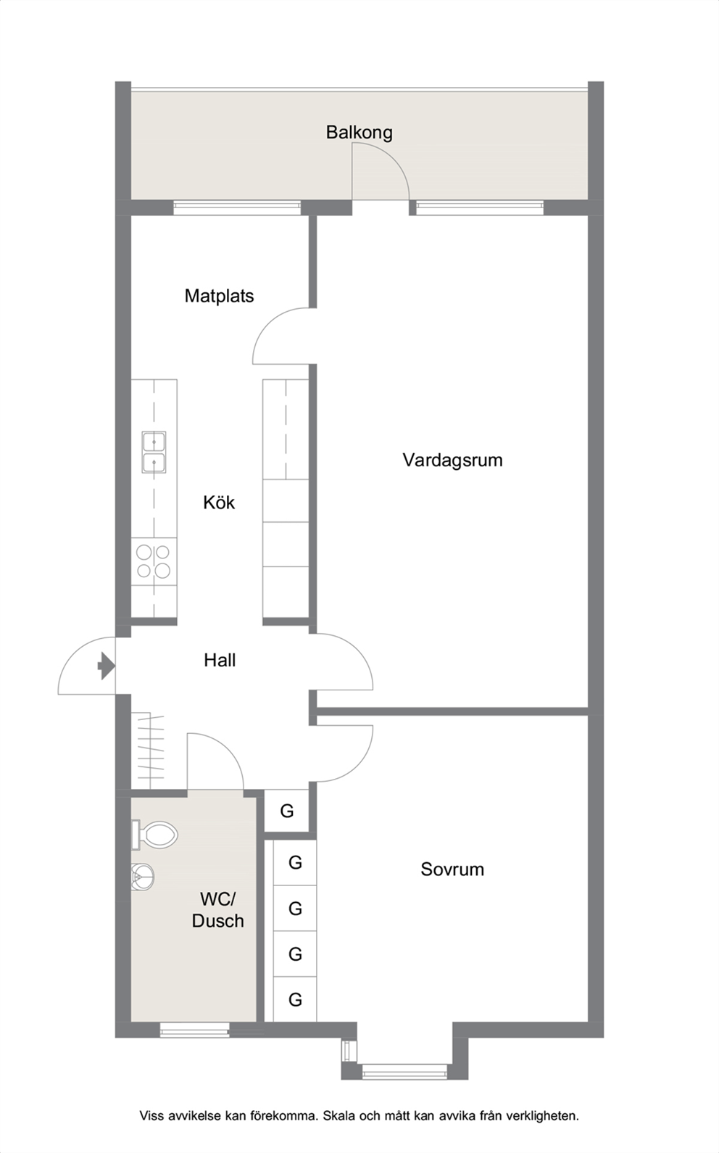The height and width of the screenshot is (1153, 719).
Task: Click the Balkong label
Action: (359, 133)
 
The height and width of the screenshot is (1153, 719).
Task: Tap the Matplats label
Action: (219, 296)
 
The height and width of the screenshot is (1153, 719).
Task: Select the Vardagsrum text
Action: (452, 460)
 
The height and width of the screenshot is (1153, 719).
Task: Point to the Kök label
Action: (219, 503)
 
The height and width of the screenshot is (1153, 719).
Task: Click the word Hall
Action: (220, 660)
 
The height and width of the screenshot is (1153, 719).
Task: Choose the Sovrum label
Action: (452, 869)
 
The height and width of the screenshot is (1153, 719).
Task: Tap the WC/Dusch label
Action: (217, 910)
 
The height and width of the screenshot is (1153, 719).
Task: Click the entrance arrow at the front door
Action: (107, 666)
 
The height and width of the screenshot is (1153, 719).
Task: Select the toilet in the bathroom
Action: (155, 835)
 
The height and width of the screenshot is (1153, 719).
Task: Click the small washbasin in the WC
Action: (143, 877)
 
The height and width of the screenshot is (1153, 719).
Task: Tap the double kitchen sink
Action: (154, 452)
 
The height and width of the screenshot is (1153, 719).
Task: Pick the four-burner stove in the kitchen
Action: (154, 561)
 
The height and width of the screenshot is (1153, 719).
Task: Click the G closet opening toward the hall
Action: (286, 811)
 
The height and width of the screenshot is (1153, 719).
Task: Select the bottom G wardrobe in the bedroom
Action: (295, 999)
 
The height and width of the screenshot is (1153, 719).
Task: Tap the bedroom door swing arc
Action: (356, 766)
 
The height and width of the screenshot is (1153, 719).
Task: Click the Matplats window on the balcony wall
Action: (236, 208)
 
